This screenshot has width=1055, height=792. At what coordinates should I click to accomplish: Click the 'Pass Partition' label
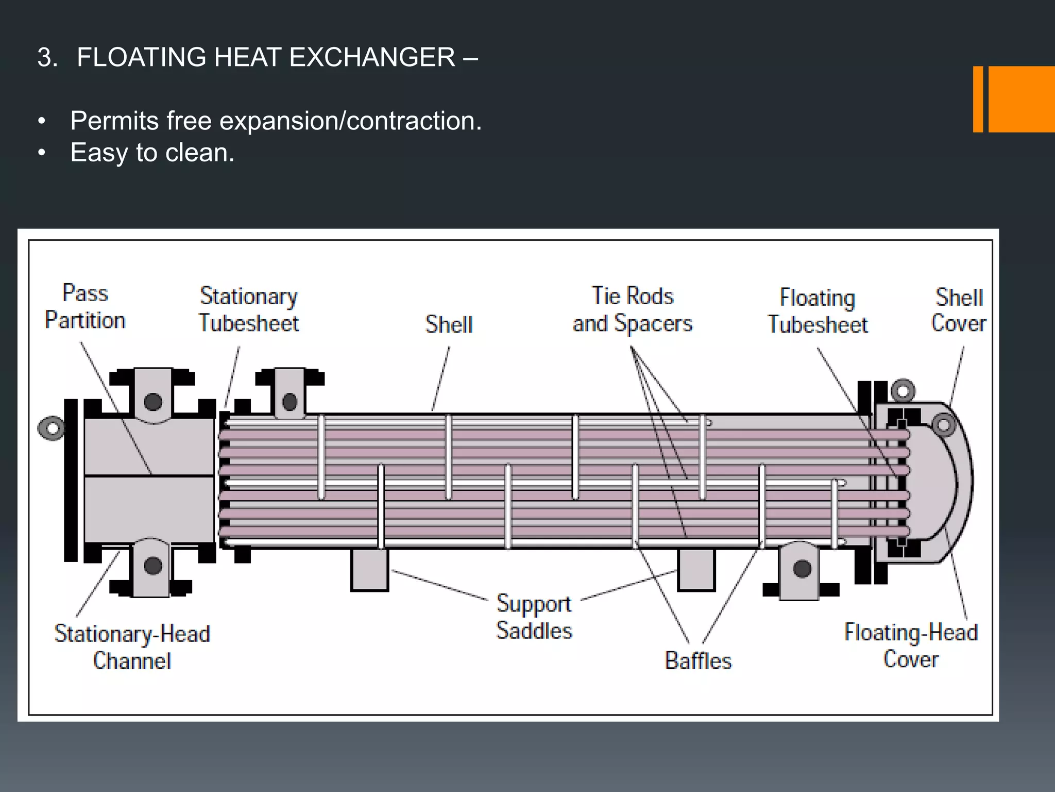click(85, 307)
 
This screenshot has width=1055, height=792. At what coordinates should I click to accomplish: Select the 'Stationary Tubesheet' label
click(249, 309)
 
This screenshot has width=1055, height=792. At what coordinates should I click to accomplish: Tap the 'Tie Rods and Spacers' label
click(633, 309)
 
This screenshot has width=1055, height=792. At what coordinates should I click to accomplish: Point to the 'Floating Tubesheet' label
click(818, 311)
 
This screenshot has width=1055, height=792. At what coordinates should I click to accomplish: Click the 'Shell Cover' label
click(959, 310)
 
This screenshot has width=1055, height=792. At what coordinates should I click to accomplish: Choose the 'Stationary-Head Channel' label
click(132, 647)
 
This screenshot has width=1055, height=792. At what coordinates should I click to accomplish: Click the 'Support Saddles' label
click(534, 617)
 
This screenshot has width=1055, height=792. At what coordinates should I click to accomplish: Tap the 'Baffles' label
click(698, 661)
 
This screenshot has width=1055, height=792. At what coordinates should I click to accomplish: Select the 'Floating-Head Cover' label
click(911, 646)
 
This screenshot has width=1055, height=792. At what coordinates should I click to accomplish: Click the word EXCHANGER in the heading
click(372, 57)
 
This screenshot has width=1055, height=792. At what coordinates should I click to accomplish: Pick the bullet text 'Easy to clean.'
click(152, 153)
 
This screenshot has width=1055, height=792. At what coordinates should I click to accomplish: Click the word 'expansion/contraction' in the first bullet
click(350, 121)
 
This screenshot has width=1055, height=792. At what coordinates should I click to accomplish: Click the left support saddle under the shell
click(369, 570)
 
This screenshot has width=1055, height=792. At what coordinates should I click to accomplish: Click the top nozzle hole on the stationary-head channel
click(153, 402)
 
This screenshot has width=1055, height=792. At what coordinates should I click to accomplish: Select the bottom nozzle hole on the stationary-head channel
click(153, 566)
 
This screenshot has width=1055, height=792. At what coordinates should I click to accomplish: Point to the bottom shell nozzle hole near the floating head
click(802, 569)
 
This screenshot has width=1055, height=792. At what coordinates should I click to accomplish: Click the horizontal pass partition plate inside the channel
click(149, 475)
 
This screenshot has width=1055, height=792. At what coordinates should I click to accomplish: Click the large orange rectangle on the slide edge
click(1022, 99)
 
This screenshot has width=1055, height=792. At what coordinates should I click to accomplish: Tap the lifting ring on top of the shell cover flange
click(903, 391)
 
